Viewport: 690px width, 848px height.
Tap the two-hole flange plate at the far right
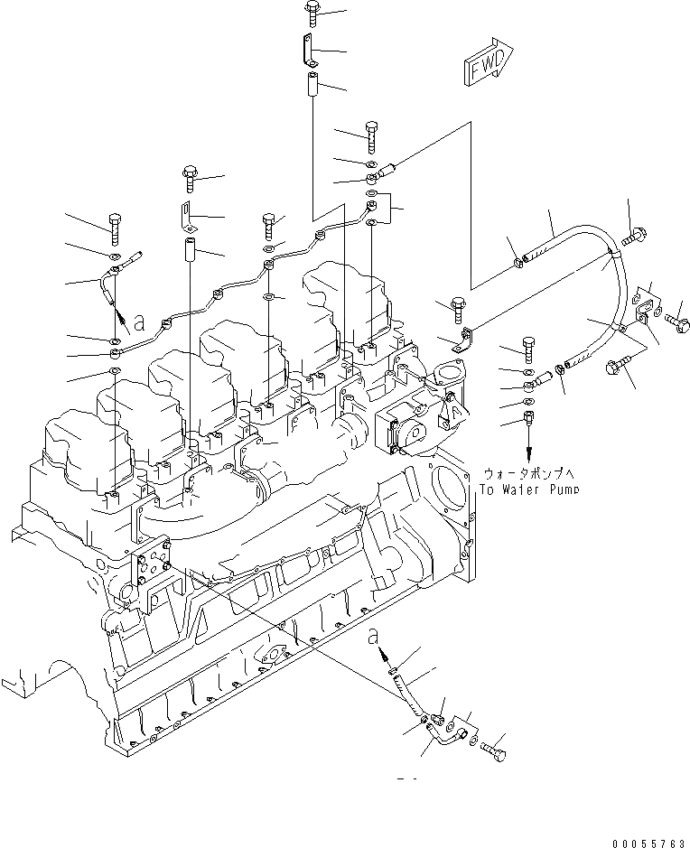646,303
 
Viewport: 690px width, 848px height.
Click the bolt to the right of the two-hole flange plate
678,321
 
